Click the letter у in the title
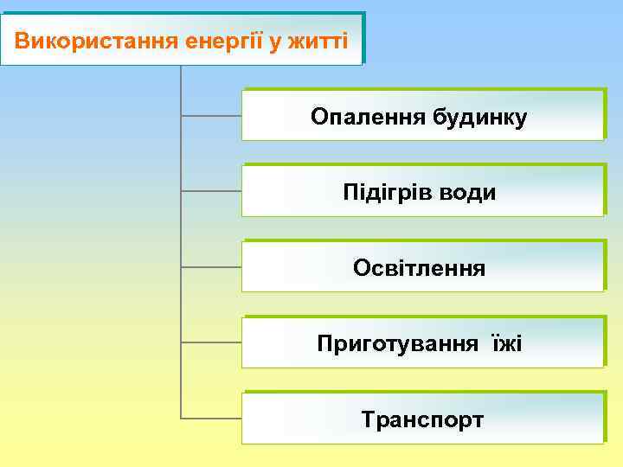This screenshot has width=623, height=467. tap(276, 41)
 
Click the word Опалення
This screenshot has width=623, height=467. tap(363, 117)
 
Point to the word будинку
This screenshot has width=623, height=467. tap(475, 117)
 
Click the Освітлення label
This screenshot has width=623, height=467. tap(419, 268)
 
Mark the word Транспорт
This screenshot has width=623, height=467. tap(421, 420)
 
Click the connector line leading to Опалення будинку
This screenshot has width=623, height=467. tap(211, 114)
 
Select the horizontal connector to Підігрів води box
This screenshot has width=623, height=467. tap(211, 190)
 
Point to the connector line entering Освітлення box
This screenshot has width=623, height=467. tap(211, 266)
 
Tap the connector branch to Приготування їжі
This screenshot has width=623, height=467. tap(211, 342)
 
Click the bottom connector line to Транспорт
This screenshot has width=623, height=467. tap(211, 418)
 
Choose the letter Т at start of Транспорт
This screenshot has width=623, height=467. tap(368, 420)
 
